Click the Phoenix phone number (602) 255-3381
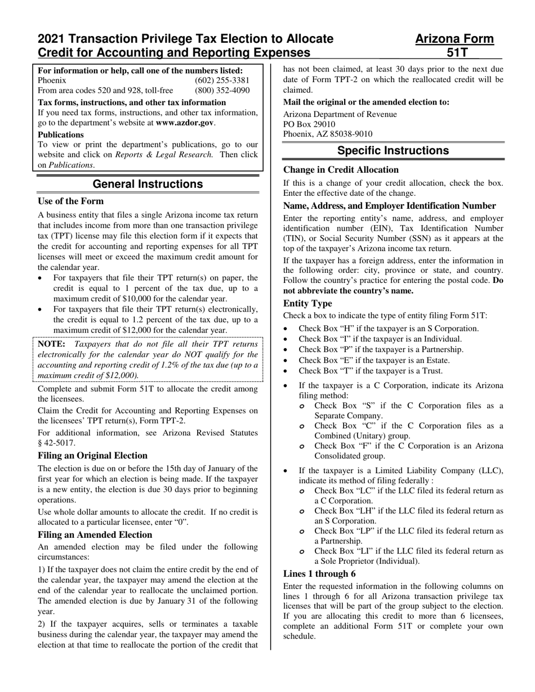(222, 80)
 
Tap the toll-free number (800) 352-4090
(222, 90)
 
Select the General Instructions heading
(148, 184)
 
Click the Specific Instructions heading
(393, 151)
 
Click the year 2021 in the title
(52, 39)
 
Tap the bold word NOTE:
(52, 344)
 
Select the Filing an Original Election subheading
(92, 455)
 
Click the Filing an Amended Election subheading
(95, 534)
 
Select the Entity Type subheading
(307, 303)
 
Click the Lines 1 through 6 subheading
(319, 574)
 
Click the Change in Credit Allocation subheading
(341, 169)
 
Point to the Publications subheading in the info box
(61, 135)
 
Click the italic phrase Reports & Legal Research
(164, 155)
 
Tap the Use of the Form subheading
(70, 201)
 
